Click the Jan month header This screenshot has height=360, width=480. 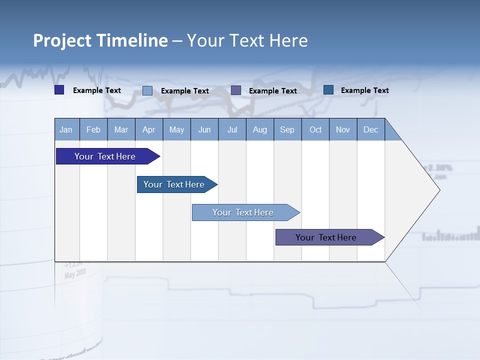(x=66, y=129)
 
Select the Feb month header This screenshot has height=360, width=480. (x=93, y=129)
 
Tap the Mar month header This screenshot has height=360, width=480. (x=121, y=129)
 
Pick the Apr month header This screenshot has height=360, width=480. (x=149, y=129)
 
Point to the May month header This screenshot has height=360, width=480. (x=176, y=129)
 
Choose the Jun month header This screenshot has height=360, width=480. (x=204, y=129)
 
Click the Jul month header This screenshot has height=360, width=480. (x=232, y=129)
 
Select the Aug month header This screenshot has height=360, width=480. (x=260, y=129)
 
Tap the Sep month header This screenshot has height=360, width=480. (x=287, y=129)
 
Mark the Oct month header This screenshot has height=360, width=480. (x=315, y=129)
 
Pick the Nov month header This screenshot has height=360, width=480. (x=343, y=129)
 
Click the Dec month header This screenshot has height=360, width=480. (x=371, y=129)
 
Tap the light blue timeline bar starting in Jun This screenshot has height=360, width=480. (x=243, y=212)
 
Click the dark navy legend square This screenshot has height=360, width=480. (x=59, y=90)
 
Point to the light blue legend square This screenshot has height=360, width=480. (x=147, y=90)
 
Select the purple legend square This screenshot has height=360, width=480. (x=236, y=90)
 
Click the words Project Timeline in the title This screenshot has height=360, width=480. (x=100, y=40)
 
